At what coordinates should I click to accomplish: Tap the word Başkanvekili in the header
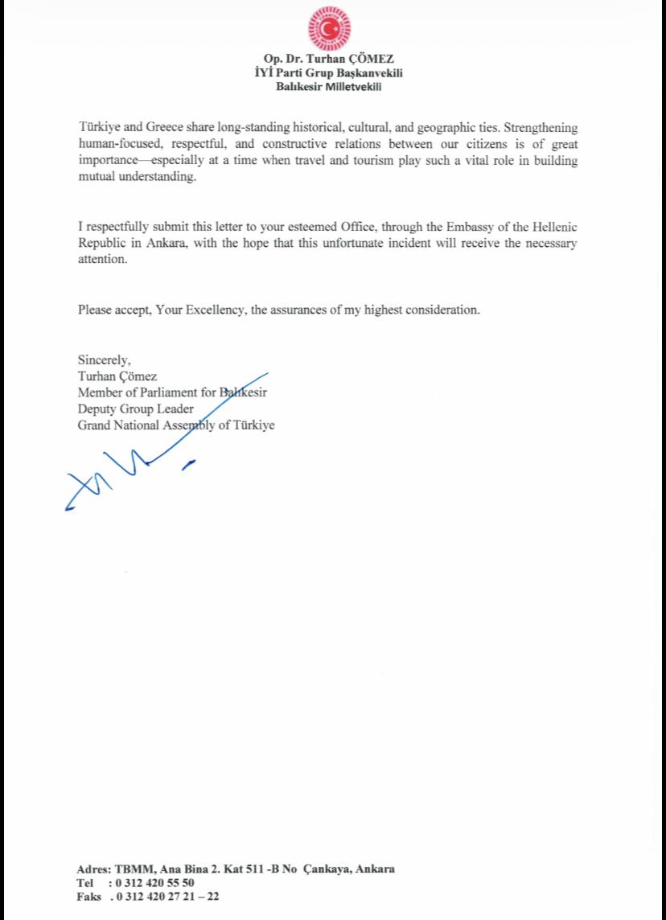click(x=368, y=73)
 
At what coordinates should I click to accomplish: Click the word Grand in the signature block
click(x=94, y=425)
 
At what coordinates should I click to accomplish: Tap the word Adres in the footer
click(x=92, y=869)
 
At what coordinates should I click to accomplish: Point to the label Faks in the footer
click(x=89, y=895)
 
